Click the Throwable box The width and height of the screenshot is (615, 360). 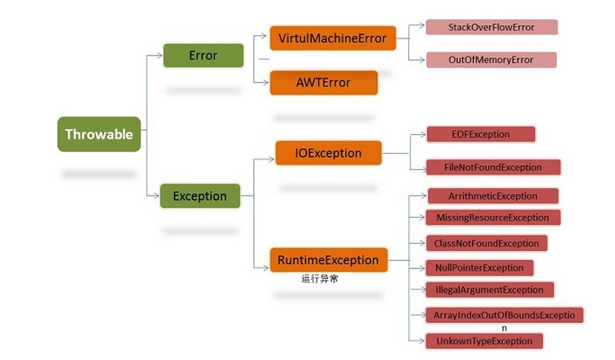(99, 134)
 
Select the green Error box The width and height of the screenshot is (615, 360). (203, 56)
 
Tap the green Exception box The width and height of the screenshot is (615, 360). (200, 196)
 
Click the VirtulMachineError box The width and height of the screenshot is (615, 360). (333, 38)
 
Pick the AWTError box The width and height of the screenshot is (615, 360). (324, 83)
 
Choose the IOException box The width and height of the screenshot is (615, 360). (328, 153)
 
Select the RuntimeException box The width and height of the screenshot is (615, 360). (329, 259)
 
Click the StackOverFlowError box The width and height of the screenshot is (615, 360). (492, 27)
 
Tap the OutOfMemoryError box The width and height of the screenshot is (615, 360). (491, 60)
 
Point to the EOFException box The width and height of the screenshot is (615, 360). (481, 134)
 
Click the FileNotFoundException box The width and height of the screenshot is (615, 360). (493, 167)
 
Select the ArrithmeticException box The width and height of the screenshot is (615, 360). (493, 196)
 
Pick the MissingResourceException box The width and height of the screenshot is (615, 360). (493, 218)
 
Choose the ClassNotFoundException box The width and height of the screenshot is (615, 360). (487, 243)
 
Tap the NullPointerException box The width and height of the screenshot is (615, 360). (479, 268)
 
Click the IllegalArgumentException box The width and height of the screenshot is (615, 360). (490, 290)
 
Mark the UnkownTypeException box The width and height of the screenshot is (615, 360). (484, 341)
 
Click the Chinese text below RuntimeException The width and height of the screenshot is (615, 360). (320, 279)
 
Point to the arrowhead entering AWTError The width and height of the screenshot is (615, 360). (266, 83)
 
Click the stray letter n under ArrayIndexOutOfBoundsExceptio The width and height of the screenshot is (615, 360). (504, 328)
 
